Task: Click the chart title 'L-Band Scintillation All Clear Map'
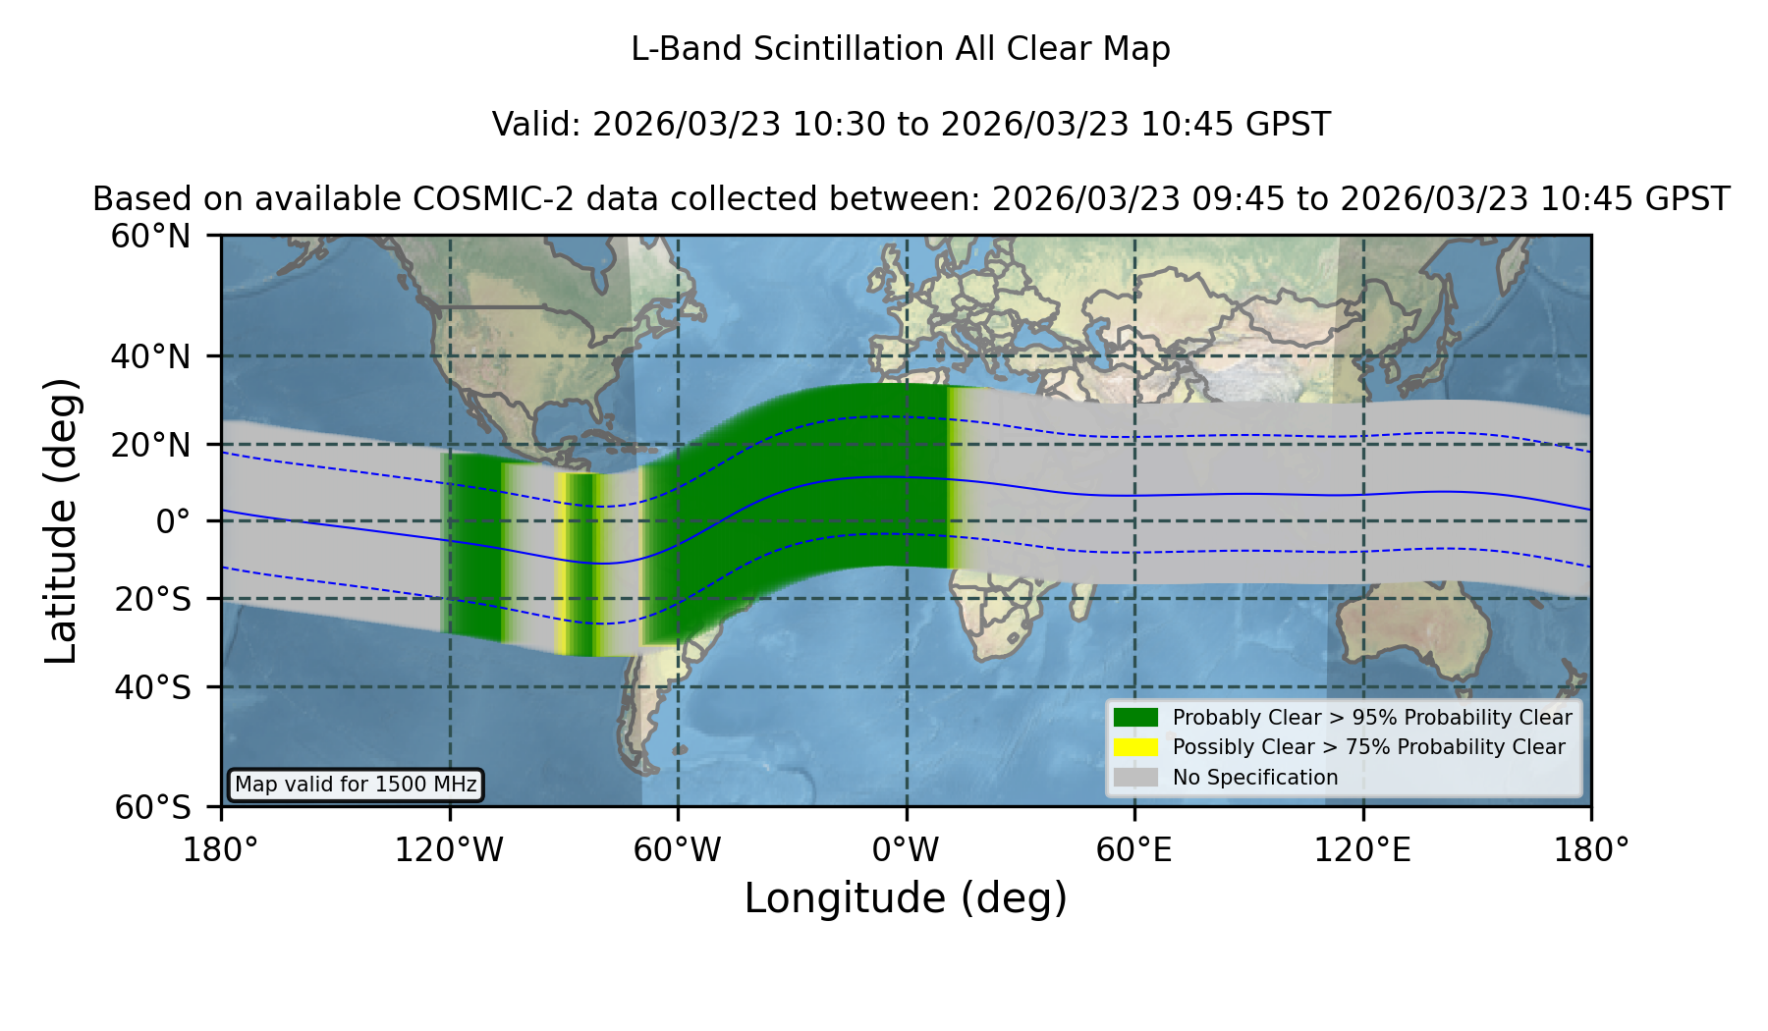pos(901,49)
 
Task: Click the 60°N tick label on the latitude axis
pos(150,237)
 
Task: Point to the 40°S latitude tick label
pos(152,687)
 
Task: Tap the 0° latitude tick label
pos(173,520)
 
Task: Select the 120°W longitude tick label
pos(449,849)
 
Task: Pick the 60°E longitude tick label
pos(1134,849)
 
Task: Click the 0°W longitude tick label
pos(906,849)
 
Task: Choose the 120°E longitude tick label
pos(1363,849)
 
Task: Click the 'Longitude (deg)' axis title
pos(906,898)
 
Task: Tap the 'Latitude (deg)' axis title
pos(61,520)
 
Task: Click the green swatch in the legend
pos(1135,717)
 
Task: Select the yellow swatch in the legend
pos(1135,747)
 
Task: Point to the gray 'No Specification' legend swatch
pos(1135,778)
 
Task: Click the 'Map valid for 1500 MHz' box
pos(356,785)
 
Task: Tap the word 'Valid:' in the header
pos(538,125)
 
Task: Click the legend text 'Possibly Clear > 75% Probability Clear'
pos(1368,747)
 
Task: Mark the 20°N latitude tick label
pos(150,445)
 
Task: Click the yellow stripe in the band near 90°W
pos(561,564)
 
